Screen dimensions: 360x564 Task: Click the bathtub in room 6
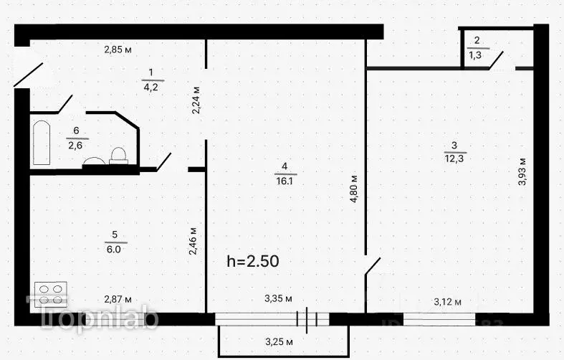click(42, 143)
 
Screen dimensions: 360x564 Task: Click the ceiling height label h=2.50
click(252, 262)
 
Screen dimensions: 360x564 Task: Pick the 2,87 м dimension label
click(118, 299)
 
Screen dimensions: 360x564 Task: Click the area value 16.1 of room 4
click(285, 181)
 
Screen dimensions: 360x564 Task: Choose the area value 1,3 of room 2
click(475, 55)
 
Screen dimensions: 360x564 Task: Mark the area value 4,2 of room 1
click(150, 85)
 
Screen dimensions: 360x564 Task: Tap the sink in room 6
click(94, 162)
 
